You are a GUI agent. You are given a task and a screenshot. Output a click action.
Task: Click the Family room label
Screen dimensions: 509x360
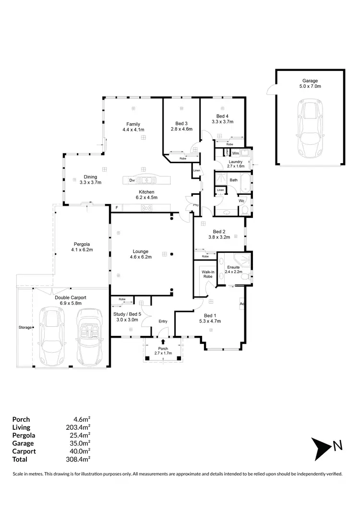coord(133,124)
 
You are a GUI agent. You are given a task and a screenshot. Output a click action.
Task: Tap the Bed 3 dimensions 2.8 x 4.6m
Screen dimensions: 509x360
coord(181,129)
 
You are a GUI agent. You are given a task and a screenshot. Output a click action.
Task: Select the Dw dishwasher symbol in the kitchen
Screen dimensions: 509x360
coord(132,180)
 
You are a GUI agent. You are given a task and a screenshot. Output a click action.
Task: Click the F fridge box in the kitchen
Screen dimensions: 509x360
coord(116,207)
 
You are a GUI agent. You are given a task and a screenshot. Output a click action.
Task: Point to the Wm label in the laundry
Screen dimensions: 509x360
coord(235,153)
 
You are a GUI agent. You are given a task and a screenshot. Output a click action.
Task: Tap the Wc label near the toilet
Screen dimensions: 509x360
coord(242,201)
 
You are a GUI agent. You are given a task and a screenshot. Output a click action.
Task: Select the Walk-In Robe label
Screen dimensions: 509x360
coord(208,274)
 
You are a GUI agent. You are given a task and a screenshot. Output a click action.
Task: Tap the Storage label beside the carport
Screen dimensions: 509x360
coord(24,327)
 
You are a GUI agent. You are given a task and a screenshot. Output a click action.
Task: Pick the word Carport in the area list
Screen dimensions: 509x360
coord(24,451)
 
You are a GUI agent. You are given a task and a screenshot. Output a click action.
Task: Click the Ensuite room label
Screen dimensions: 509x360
coord(234,267)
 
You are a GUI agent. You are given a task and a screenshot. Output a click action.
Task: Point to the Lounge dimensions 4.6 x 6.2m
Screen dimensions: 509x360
coord(141,257)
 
